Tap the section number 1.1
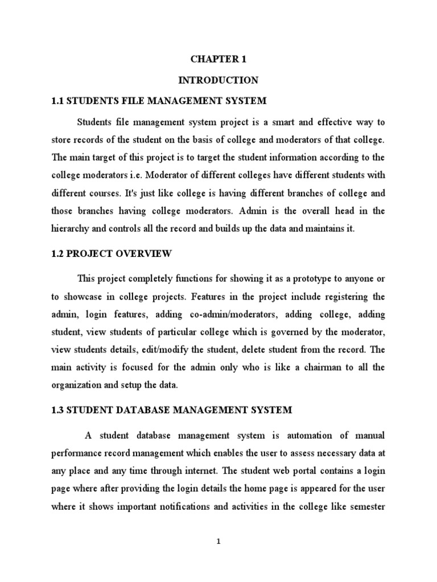59,101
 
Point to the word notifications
203,507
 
